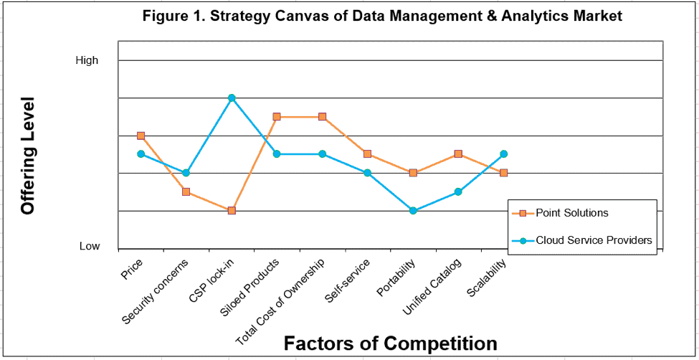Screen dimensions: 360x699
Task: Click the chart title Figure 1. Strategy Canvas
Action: pos(381,16)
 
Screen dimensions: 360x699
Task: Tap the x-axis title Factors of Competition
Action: pos(390,343)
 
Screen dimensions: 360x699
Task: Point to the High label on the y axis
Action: pos(87,60)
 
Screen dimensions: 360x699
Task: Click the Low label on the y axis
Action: pos(90,246)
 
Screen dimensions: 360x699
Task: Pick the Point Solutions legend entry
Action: pos(571,213)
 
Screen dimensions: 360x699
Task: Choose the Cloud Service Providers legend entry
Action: pos(594,240)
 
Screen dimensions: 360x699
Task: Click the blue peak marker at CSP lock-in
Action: pos(232,98)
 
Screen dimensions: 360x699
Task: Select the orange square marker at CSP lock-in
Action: pos(232,210)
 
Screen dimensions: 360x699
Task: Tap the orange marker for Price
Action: pos(141,136)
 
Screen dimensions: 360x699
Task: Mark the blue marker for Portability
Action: pos(413,210)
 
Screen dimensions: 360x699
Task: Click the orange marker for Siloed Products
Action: pos(277,116)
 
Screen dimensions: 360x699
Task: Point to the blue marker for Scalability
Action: pos(504,153)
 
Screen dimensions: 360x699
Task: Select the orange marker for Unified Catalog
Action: pos(458,154)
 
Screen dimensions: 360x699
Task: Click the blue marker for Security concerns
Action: pos(186,173)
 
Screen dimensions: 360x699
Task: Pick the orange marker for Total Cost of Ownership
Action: pos(322,116)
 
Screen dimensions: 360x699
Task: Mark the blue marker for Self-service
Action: pos(368,173)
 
